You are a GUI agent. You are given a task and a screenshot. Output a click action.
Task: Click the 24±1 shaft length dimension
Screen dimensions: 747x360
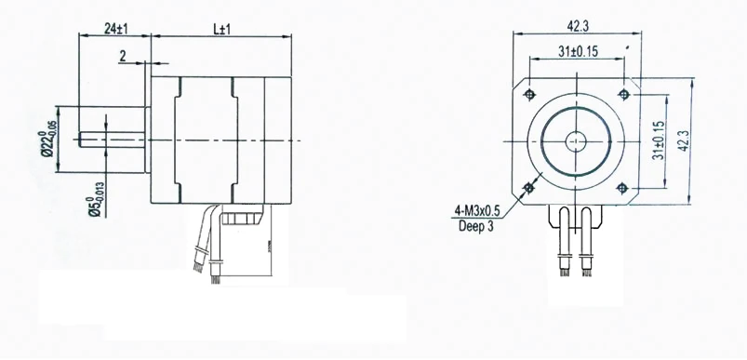[115, 29]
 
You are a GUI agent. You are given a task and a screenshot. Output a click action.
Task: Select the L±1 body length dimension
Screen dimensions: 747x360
[221, 29]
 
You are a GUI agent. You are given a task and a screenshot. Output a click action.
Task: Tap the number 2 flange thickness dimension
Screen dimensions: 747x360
[123, 57]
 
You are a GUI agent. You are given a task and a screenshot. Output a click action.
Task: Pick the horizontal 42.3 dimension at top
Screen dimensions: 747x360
[578, 27]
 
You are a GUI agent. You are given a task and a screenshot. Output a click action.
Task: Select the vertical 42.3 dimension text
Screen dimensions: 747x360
[683, 141]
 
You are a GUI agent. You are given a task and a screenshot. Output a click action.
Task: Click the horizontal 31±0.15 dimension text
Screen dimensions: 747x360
[578, 51]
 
